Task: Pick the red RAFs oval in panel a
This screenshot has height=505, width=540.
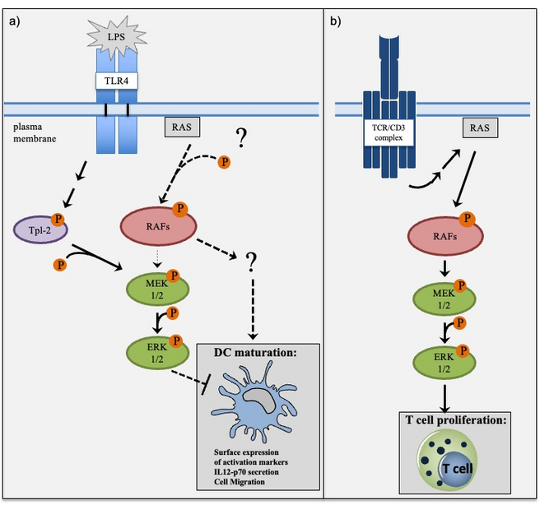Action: click(156, 225)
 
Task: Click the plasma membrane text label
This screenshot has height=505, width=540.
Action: click(32, 135)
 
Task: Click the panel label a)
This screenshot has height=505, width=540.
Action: click(14, 21)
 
